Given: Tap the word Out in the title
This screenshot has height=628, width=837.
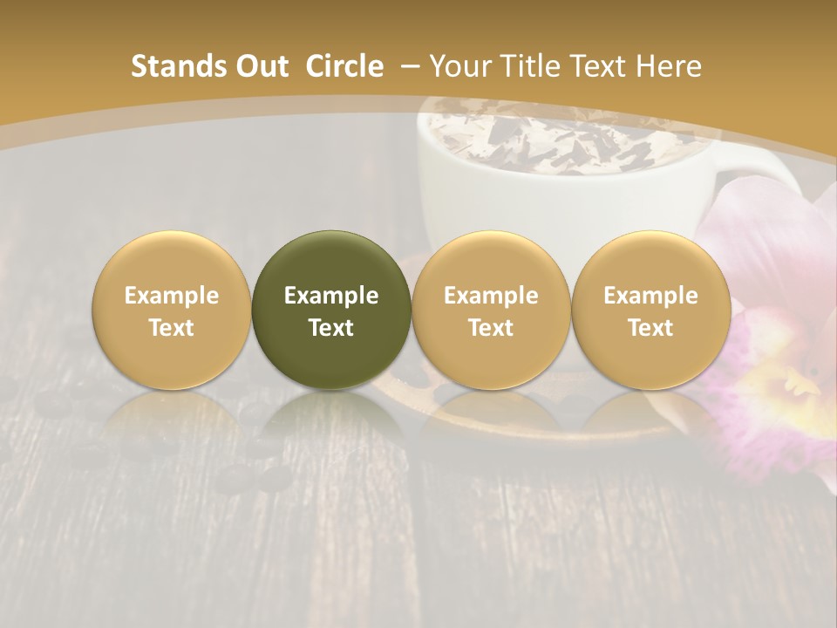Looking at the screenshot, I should point(260,66).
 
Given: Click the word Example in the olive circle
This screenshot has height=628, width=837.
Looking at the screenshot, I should point(331,296).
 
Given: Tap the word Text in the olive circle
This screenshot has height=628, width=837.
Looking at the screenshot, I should point(331,328).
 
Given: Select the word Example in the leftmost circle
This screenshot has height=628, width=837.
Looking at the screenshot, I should point(171,296).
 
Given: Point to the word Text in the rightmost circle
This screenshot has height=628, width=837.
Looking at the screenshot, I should point(650,328).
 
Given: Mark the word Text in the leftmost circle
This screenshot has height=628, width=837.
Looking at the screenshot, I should point(171,328).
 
